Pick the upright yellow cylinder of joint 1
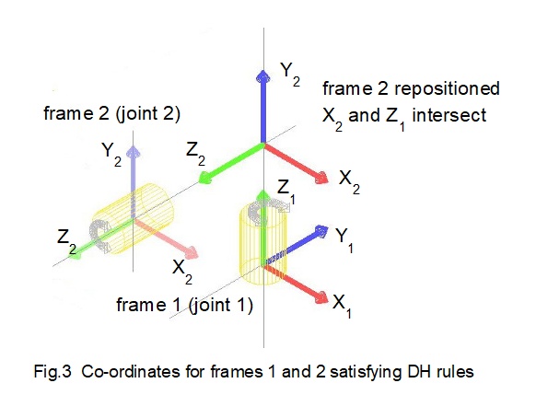[x=263, y=241]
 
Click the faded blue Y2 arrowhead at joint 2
[x=134, y=151]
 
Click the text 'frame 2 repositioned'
[x=411, y=89]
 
